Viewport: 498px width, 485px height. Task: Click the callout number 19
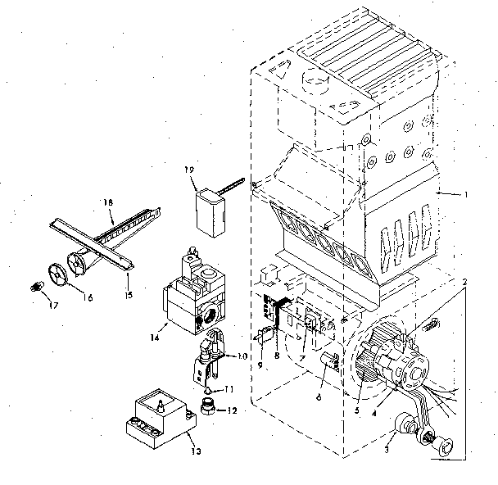pyautogui.click(x=190, y=170)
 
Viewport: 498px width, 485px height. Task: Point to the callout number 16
pyautogui.click(x=86, y=297)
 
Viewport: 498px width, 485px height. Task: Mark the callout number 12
pyautogui.click(x=232, y=410)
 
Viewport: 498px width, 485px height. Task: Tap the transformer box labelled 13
pyautogui.click(x=160, y=416)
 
